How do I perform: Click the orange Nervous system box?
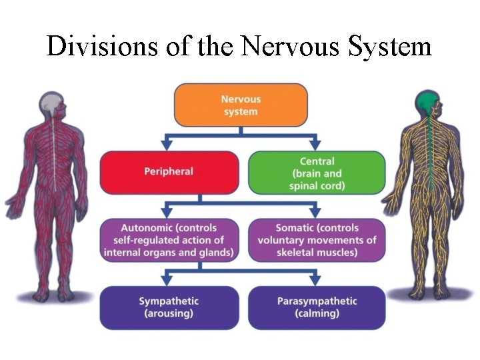[x=241, y=105]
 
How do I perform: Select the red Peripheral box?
[x=169, y=172]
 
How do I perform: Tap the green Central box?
[x=317, y=173]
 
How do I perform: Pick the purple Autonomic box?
[x=169, y=240]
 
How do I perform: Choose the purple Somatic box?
[x=317, y=240]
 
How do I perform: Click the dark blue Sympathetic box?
[x=169, y=307]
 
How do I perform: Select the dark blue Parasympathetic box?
[x=317, y=307]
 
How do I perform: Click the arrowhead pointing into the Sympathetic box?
[x=169, y=280]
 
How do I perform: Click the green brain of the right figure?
[x=427, y=101]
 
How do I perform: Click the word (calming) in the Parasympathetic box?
[x=317, y=313]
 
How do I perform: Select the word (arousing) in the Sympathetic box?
[x=169, y=313]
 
